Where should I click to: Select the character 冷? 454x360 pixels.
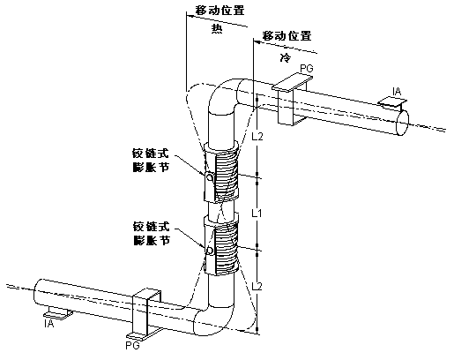click(285, 56)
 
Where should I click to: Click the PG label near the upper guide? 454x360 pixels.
click(306, 68)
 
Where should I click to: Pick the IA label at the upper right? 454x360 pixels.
click(398, 90)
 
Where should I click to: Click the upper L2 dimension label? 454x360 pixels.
click(258, 138)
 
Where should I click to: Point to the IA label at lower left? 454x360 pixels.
click(49, 325)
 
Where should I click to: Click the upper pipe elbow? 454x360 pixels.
click(227, 98)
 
